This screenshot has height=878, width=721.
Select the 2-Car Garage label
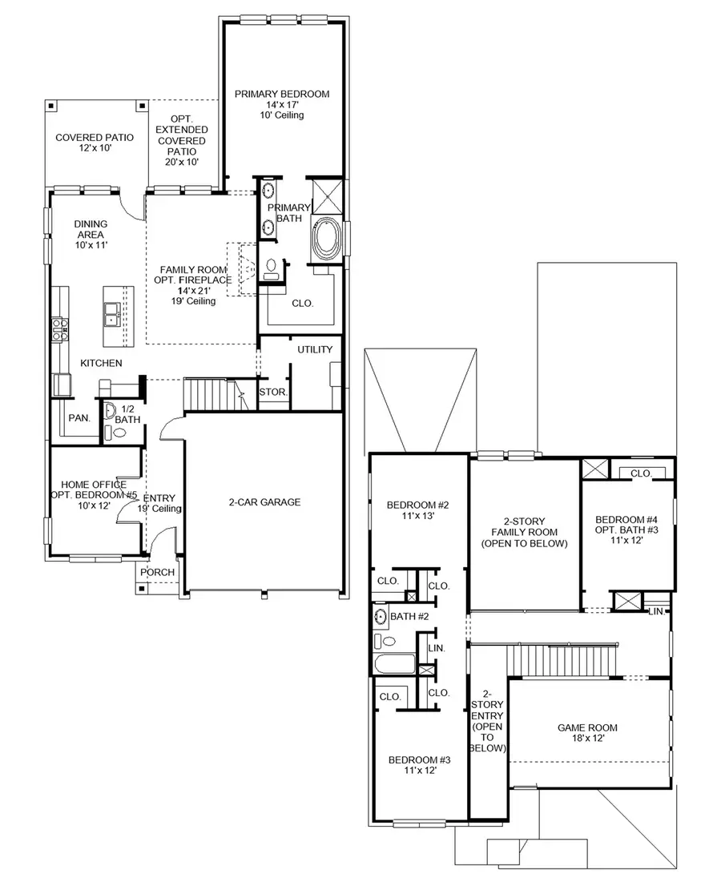(264, 502)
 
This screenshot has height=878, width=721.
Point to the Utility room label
(315, 350)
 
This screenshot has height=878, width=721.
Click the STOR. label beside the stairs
(272, 393)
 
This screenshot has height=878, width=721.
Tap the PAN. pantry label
(79, 417)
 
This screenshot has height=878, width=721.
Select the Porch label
(157, 573)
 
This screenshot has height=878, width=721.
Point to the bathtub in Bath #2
(395, 665)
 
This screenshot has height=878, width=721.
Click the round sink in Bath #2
(381, 616)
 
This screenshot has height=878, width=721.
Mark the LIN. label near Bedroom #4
(656, 612)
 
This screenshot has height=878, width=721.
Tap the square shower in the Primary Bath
(328, 195)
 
